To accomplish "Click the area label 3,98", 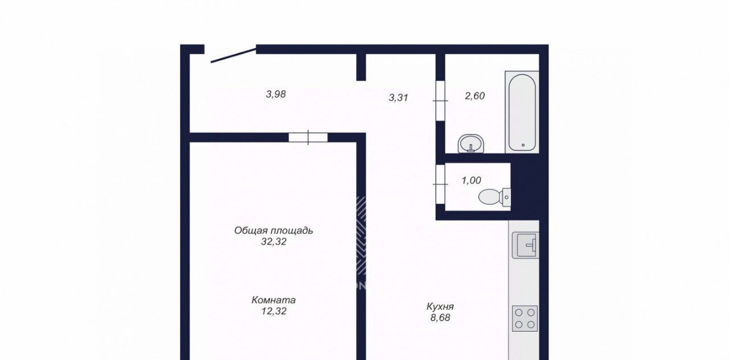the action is pyautogui.click(x=276, y=95).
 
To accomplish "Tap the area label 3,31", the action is pyautogui.click(x=398, y=97).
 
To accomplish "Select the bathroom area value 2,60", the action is pyautogui.click(x=475, y=96).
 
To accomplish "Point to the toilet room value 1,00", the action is pyautogui.click(x=471, y=181).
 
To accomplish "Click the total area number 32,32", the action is pyautogui.click(x=274, y=242).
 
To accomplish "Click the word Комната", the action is pyautogui.click(x=274, y=300).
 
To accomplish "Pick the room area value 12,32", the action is pyautogui.click(x=274, y=311).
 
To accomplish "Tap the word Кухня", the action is pyautogui.click(x=440, y=306).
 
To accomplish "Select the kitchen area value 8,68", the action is pyautogui.click(x=440, y=318).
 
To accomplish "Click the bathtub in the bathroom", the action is pyautogui.click(x=522, y=112).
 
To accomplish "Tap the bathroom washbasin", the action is pyautogui.click(x=471, y=144).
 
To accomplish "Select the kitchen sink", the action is pyautogui.click(x=526, y=245).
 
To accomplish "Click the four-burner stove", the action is pyautogui.click(x=525, y=318).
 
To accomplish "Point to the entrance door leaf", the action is pyautogui.click(x=234, y=55).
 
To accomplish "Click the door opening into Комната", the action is pyautogui.click(x=308, y=138).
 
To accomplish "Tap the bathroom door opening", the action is pyautogui.click(x=440, y=101).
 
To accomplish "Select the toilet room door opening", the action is pyautogui.click(x=440, y=184).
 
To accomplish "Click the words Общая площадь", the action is pyautogui.click(x=274, y=231).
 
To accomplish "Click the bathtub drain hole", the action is pyautogui.click(x=523, y=145).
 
